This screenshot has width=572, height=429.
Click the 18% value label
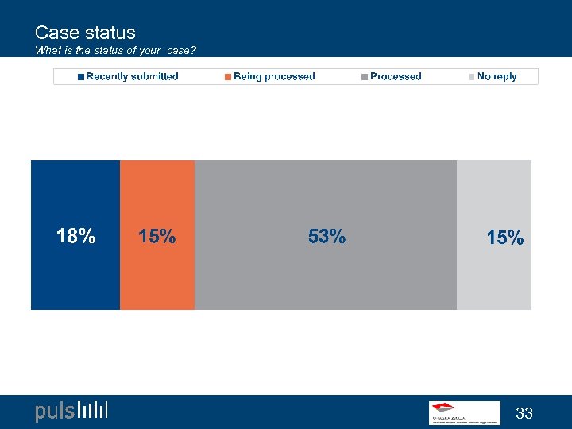pos(75,236)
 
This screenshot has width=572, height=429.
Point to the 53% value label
pos(327,236)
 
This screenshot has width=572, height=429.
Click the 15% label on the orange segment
pos(157,236)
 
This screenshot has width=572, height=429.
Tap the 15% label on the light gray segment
pos(505,237)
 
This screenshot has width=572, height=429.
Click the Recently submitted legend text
pos(132,76)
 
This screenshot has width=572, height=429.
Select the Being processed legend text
pos(274,76)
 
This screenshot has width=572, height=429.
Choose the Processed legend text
pos(396,76)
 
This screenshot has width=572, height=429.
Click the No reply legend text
pos(497,76)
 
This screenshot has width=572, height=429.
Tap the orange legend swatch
pos(228,77)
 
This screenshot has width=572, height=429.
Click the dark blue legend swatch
pos(81,77)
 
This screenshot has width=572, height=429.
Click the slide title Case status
pos(85,33)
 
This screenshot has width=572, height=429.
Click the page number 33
pos(524,413)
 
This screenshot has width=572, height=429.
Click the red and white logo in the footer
pos(465,412)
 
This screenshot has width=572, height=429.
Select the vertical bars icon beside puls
pos(93,411)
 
